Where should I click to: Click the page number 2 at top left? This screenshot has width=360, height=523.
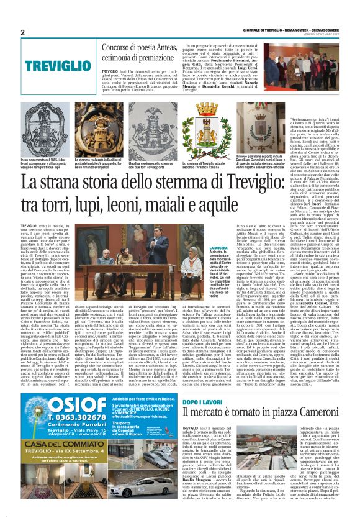[x=22, y=32]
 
